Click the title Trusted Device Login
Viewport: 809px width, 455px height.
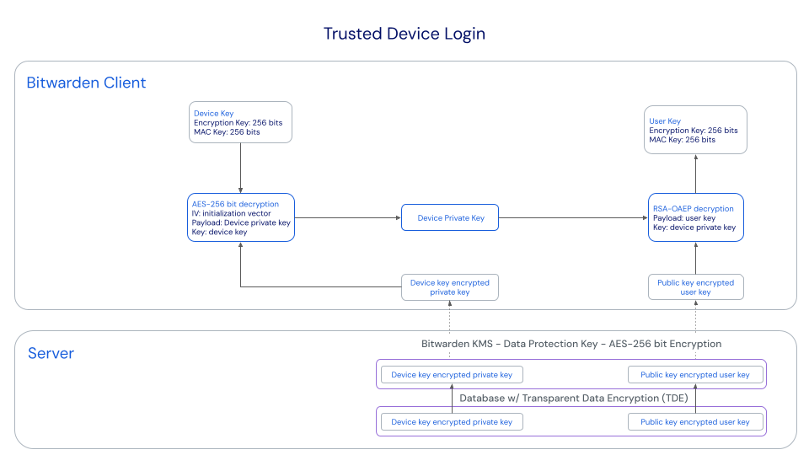(404, 34)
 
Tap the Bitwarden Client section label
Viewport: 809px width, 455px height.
(86, 83)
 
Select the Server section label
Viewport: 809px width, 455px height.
(51, 353)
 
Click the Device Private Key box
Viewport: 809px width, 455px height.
(451, 218)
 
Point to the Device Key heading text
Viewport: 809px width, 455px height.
(213, 113)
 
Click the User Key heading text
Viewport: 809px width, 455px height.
(665, 121)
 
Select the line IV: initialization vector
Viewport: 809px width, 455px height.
(231, 213)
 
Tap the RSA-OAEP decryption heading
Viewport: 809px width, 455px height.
(693, 208)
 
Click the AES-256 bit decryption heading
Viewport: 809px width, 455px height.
(235, 204)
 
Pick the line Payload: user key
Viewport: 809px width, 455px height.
(683, 217)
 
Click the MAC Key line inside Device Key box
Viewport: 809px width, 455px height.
(227, 132)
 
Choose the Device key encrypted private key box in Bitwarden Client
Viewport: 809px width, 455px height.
(449, 287)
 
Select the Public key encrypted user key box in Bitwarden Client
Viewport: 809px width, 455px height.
(695, 287)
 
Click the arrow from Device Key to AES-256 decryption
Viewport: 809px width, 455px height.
(241, 169)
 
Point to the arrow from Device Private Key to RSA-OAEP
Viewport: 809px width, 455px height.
(573, 218)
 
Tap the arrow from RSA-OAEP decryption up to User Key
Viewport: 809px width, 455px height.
(696, 174)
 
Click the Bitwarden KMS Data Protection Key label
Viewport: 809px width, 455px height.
(571, 344)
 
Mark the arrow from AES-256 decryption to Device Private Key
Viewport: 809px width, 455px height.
(347, 218)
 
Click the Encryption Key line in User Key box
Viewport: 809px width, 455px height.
(693, 131)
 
